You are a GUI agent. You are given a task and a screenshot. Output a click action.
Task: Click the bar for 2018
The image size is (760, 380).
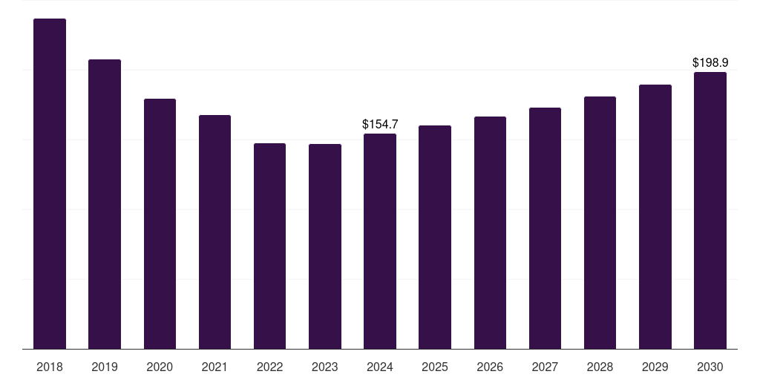(x=50, y=184)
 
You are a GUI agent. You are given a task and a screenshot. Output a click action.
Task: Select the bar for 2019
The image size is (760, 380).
(x=105, y=204)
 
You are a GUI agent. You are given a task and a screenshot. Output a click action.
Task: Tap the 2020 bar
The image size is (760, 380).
(x=160, y=224)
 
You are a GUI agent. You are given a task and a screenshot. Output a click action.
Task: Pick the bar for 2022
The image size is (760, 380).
(x=269, y=246)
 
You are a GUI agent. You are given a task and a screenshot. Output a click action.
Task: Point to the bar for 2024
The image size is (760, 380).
(x=380, y=241)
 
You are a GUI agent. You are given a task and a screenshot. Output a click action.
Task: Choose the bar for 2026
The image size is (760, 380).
(x=490, y=232)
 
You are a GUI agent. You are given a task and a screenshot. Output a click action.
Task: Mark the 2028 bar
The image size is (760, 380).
(x=600, y=223)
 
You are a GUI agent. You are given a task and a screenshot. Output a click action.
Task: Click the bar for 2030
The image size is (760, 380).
(x=710, y=210)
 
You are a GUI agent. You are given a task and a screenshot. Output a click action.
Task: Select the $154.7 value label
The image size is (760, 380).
(x=380, y=124)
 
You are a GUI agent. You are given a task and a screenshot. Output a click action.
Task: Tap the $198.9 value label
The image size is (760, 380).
(x=710, y=62)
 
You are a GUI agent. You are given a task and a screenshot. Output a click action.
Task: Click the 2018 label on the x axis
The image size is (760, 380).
(x=50, y=367)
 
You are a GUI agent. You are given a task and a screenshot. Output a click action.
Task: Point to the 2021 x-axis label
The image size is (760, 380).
(x=214, y=367)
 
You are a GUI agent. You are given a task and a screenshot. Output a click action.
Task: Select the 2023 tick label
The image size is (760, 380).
(x=325, y=367)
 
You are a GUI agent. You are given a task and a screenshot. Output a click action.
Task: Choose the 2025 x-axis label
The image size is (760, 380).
(x=435, y=367)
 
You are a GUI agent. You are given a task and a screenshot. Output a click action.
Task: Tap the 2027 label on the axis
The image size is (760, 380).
(x=545, y=367)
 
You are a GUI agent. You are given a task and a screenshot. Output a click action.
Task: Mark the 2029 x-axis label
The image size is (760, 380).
(x=655, y=367)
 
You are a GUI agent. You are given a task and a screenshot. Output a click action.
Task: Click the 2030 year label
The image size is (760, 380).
(x=710, y=367)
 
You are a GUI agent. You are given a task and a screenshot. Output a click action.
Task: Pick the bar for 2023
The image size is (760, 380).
(x=325, y=246)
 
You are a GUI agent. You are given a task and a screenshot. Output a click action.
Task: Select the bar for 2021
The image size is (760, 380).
(x=214, y=232)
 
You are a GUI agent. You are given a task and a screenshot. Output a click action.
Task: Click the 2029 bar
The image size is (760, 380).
(x=655, y=217)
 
